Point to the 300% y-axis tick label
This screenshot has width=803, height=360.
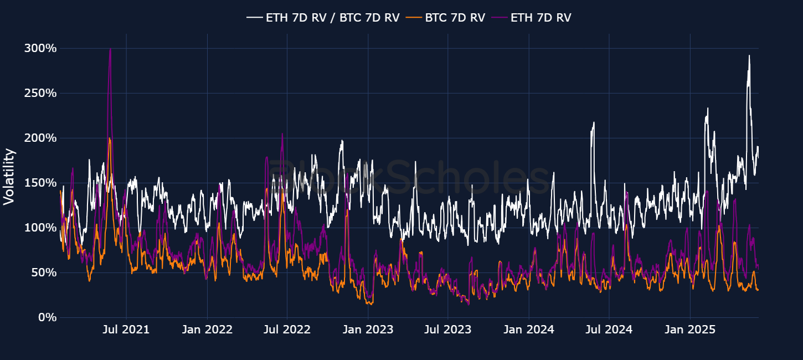coord(40,48)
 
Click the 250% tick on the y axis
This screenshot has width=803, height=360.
coord(40,93)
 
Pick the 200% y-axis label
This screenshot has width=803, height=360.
coord(40,138)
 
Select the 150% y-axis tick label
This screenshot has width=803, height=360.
coord(40,183)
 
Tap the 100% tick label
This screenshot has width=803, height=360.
coord(40,228)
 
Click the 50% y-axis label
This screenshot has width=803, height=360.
coord(44,272)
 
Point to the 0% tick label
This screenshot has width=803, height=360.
coord(47,317)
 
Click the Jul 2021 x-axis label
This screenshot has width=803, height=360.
coord(126,330)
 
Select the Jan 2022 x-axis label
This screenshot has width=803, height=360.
coord(207,330)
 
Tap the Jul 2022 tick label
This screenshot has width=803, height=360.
coord(287,330)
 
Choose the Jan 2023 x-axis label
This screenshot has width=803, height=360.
coord(368,330)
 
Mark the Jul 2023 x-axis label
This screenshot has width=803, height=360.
coord(448,330)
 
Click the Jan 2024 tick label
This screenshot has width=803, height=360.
coord(529,330)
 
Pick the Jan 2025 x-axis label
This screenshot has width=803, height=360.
coord(690,330)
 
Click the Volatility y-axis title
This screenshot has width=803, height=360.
coord(9,176)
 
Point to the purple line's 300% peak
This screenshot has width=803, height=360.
coord(110,49)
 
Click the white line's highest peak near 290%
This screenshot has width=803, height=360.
coord(749,55)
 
